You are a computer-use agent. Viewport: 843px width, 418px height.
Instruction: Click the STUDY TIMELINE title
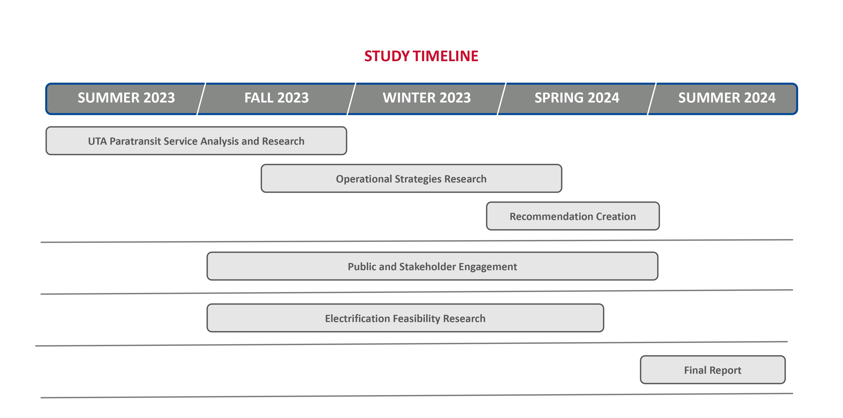421,56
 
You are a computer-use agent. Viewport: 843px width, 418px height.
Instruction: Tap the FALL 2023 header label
277,98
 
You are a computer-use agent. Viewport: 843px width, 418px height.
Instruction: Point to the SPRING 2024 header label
577,98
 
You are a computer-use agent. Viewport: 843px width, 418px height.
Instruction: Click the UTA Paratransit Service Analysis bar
196,141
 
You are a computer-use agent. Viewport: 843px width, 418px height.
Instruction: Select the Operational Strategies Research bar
411,179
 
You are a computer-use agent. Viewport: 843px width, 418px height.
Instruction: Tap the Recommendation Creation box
573,216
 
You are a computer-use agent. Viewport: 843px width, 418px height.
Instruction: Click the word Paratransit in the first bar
135,141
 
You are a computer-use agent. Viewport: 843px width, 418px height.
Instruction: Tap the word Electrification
357,318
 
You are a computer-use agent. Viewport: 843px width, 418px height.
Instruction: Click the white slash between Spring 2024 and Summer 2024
652,99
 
